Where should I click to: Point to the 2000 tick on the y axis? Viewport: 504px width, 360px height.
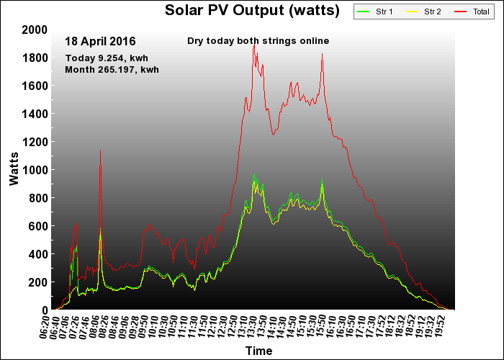point(35,30)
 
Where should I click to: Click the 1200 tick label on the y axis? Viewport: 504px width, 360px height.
point(35,142)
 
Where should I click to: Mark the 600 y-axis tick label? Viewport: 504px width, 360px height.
point(38,226)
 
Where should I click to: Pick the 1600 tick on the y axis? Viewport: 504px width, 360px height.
point(35,86)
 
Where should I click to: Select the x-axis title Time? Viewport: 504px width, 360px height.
point(258,351)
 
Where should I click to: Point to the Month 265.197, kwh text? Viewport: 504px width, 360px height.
point(112,70)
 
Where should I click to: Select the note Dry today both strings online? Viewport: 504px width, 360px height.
point(258,41)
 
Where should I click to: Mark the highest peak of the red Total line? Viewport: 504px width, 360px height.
point(254,45)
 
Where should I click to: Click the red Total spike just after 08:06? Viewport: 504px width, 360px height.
point(100,151)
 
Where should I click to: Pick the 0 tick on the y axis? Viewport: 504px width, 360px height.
point(45,310)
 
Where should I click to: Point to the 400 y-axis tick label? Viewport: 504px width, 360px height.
point(38,254)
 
